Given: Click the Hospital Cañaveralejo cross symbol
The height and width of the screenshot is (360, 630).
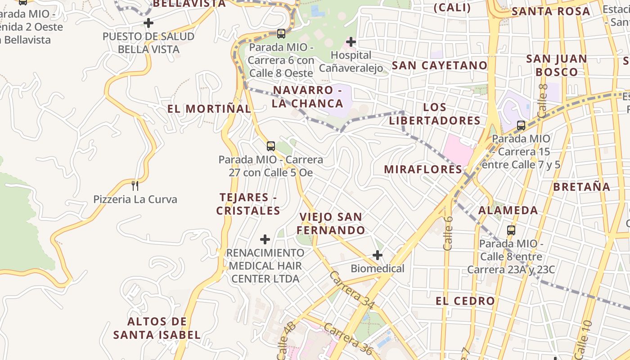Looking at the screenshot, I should (x=351, y=42).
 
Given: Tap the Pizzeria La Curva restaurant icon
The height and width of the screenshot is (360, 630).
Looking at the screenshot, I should (x=135, y=185).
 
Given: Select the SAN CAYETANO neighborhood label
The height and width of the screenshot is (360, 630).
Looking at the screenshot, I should (x=439, y=65).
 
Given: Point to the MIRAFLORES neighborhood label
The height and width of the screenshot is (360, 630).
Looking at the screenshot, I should (x=423, y=169).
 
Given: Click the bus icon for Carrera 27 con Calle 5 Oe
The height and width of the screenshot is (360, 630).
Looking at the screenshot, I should (x=270, y=146).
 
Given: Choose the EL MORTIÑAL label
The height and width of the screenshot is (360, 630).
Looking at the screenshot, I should (x=209, y=108).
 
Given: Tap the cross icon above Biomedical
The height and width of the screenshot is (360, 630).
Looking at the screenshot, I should (x=378, y=256).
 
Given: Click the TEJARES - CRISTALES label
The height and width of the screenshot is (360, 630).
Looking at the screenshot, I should (x=248, y=204).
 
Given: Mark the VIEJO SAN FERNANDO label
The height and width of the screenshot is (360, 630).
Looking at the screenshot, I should (x=331, y=224).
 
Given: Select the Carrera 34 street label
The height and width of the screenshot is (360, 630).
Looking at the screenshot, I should (x=352, y=290).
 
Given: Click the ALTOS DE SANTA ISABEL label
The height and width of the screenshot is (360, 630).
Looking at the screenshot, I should (x=157, y=328).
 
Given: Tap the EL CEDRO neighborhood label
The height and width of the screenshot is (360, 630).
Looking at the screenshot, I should (x=465, y=301).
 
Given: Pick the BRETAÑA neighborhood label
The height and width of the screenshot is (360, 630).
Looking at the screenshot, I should (x=581, y=187).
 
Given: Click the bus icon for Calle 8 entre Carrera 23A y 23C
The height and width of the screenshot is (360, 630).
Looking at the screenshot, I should (x=511, y=230).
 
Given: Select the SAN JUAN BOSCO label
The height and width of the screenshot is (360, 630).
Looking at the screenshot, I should (x=556, y=65).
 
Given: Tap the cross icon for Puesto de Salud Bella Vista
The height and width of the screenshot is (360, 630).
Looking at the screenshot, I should (x=148, y=22).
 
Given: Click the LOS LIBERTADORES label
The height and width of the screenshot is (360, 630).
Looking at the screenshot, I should (x=435, y=114).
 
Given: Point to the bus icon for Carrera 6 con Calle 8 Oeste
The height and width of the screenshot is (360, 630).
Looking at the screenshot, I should (x=281, y=33).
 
